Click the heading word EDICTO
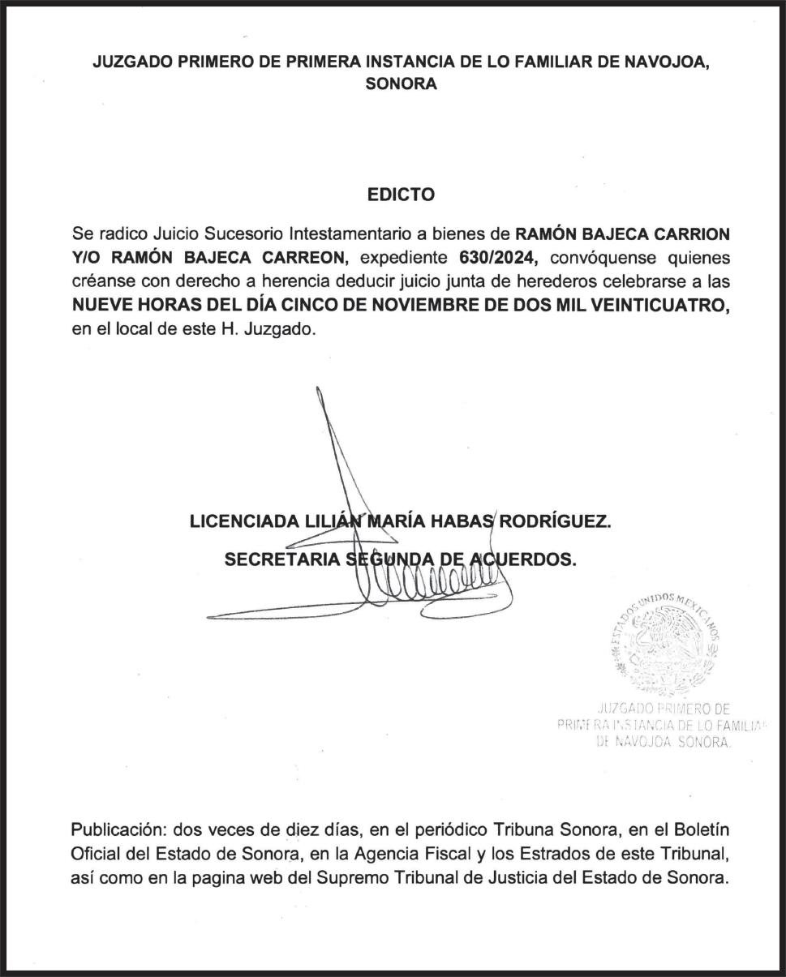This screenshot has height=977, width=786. [401, 195]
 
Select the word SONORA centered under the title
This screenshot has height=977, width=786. [401, 84]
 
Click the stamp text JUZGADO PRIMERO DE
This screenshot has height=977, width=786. [664, 708]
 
